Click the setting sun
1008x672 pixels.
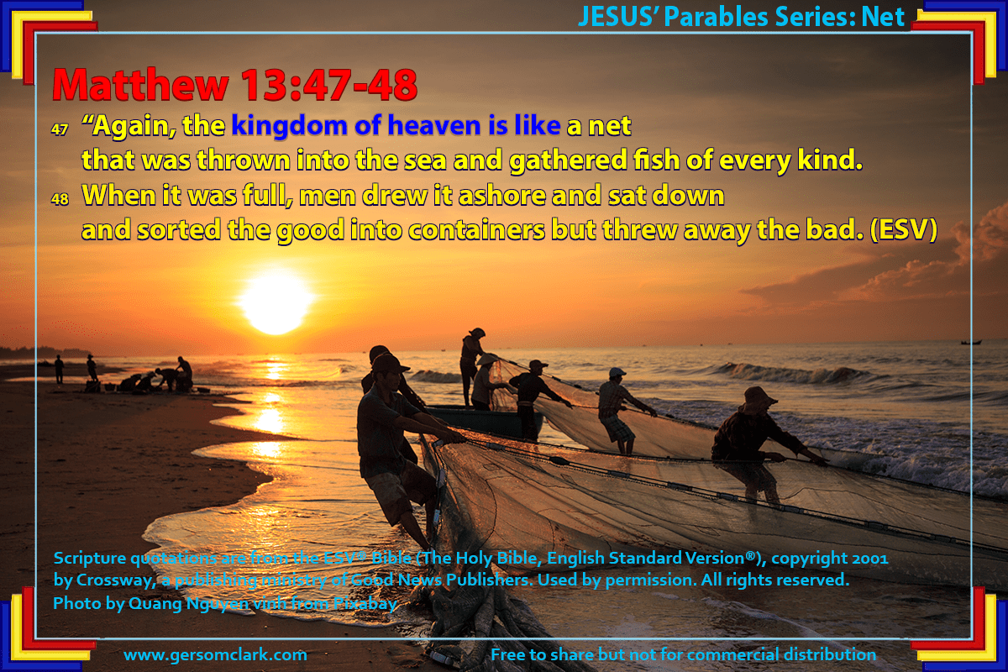click(276, 302)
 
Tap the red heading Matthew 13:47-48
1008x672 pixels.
click(235, 85)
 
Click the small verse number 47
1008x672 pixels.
click(60, 129)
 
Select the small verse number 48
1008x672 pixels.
click(60, 199)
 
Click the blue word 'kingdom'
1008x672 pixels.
click(289, 125)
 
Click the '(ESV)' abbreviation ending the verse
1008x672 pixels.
click(904, 229)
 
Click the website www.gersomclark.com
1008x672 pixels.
click(215, 654)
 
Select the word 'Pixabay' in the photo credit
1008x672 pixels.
click(365, 604)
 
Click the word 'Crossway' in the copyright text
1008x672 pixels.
click(116, 580)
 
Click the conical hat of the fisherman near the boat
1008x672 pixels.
click(488, 359)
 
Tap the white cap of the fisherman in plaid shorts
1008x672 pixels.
click(617, 372)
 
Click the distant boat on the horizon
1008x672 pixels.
click(971, 343)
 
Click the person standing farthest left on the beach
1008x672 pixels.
click(59, 369)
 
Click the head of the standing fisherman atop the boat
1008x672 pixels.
click(476, 333)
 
